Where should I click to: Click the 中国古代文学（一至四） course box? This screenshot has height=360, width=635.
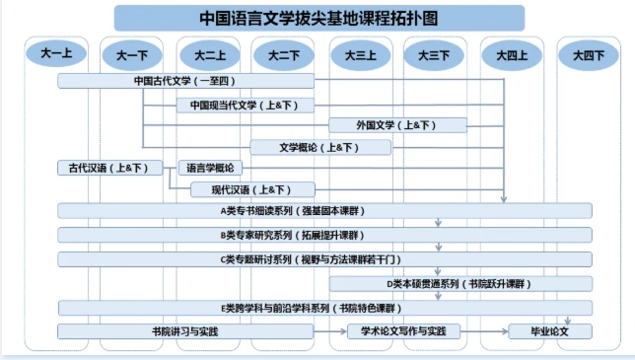click(185, 81)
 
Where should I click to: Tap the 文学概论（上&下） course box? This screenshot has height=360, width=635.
click(320, 147)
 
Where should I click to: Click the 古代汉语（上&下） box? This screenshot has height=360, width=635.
click(109, 168)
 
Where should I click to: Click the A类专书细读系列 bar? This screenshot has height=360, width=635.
click(324, 210)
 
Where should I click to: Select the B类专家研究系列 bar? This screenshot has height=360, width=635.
click(324, 235)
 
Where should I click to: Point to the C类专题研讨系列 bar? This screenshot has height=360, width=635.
click(324, 259)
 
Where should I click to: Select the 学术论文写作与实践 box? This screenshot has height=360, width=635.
click(411, 331)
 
